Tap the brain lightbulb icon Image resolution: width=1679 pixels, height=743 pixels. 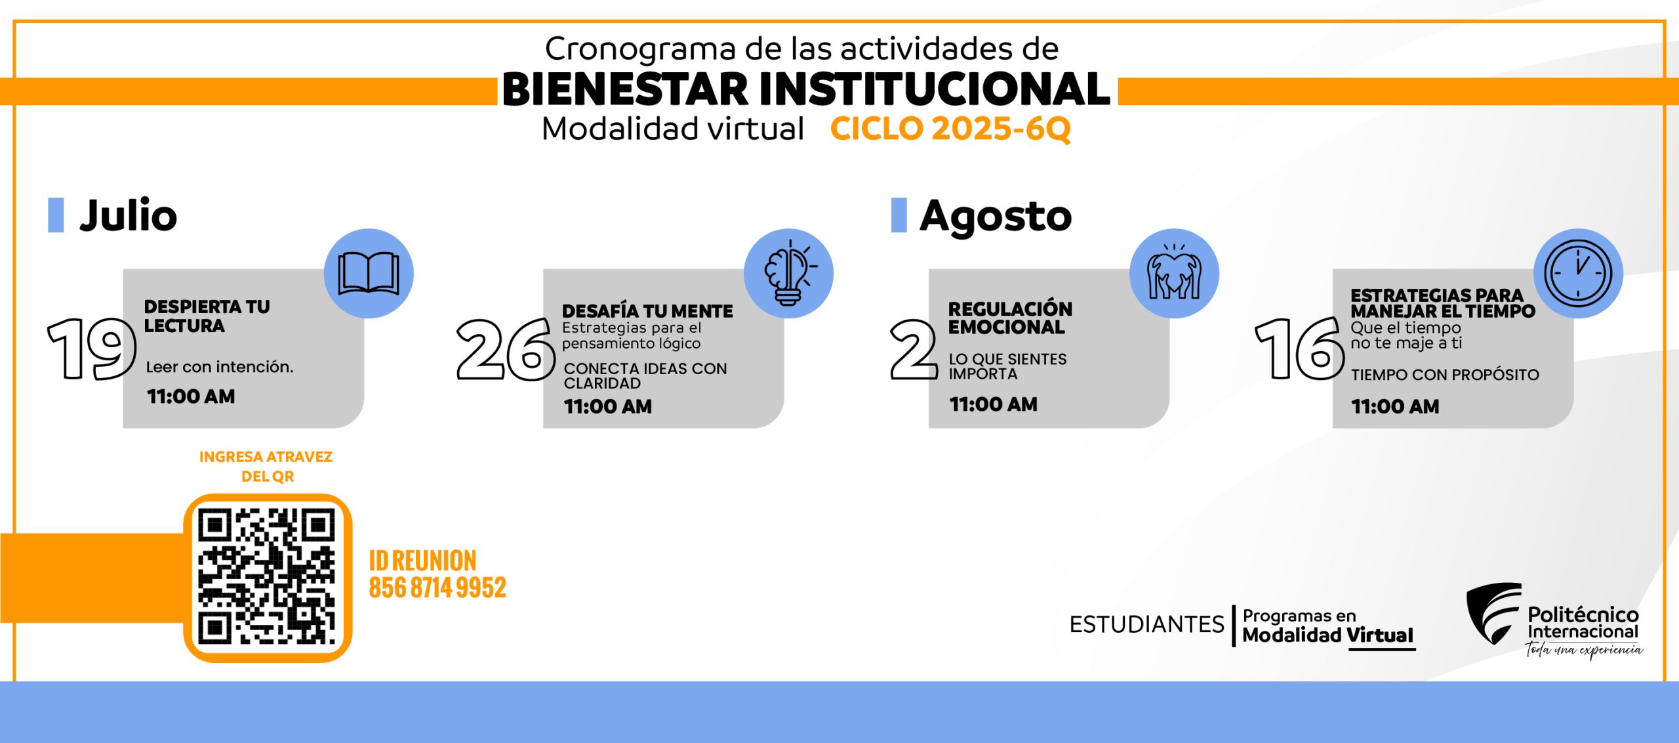[x=789, y=273]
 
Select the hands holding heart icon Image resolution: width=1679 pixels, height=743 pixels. [x=1174, y=272]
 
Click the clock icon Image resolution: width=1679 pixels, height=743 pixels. [x=1577, y=273]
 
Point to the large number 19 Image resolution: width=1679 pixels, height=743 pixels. [x=91, y=349]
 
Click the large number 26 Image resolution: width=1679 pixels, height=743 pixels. [x=506, y=349]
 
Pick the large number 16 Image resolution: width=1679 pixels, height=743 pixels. [x=1299, y=349]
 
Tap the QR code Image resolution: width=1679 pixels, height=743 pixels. [x=267, y=577]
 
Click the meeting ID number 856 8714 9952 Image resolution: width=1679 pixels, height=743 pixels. [x=437, y=587]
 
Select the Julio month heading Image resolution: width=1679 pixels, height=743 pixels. [x=129, y=215]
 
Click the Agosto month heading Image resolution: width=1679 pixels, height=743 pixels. [x=996, y=216]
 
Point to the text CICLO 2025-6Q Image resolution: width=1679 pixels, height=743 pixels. [x=950, y=129]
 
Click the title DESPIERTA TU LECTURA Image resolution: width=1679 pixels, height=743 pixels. [x=207, y=316]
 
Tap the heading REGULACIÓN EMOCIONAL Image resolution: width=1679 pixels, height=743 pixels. [x=1010, y=318]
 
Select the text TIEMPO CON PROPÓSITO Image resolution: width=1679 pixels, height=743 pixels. [x=1445, y=375]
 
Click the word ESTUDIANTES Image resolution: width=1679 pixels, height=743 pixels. [x=1146, y=624]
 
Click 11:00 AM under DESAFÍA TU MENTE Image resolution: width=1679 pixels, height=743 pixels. [x=608, y=407]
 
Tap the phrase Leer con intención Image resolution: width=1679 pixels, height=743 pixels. [x=220, y=367]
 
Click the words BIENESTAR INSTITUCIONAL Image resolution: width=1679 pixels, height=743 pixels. [x=806, y=89]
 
